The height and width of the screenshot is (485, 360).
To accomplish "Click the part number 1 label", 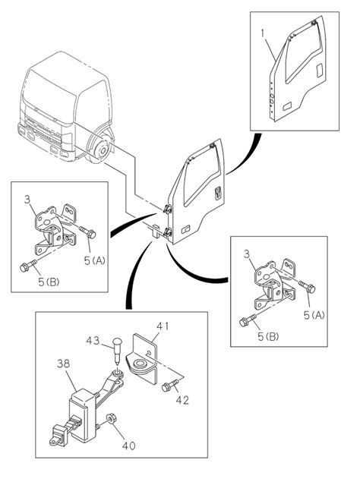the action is tap(263, 33).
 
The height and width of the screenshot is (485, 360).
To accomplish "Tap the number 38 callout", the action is tap(64, 364).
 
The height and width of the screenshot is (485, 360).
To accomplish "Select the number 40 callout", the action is tap(129, 446).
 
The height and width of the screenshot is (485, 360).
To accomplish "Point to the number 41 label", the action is tap(163, 326).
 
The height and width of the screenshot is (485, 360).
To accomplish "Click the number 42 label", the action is tap(182, 400).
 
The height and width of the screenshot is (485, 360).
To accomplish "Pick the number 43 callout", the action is tap(93, 341).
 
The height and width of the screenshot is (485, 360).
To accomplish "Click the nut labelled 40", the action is tap(110, 419).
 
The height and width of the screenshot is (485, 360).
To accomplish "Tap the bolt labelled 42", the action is tap(171, 385).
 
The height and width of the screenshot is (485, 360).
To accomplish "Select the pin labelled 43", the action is tap(117, 352).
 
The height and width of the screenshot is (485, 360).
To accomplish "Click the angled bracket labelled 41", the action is tap(142, 359).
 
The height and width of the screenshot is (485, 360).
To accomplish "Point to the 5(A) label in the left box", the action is tap(95, 261).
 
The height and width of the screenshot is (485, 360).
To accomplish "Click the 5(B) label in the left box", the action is tap(49, 282).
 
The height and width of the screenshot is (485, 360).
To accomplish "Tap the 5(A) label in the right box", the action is tap(314, 315).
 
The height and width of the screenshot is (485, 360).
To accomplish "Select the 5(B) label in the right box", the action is tap(268, 336).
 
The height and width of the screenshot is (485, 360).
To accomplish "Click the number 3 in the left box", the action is tap(27, 200).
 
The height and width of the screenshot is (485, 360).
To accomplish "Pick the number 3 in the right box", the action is tap(247, 254).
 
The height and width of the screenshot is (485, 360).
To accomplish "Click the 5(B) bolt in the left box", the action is tap(28, 266).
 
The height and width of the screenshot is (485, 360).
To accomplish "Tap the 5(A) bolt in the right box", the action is tap(307, 287).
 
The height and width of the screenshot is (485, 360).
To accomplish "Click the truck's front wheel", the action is tap(99, 148).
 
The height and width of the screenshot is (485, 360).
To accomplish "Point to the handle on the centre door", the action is tap(218, 192).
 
